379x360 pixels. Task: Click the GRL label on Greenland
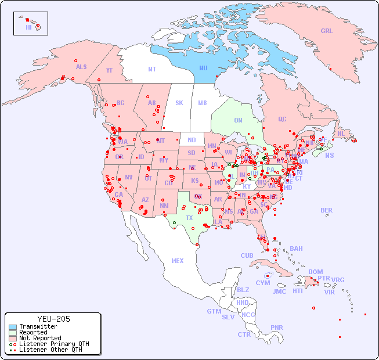[x=327, y=31]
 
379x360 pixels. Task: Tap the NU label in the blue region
[x=203, y=68]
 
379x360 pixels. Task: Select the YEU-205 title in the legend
[x=53, y=319]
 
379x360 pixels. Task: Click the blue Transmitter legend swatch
[x=13, y=327]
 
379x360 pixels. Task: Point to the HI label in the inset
[x=28, y=27]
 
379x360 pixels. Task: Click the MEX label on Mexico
[x=178, y=261]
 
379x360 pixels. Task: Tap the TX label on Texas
[x=189, y=218]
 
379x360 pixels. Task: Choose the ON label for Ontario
[x=238, y=121]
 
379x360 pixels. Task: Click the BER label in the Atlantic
[x=326, y=210]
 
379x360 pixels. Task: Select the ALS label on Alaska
[x=81, y=67]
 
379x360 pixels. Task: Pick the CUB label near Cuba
[x=247, y=255]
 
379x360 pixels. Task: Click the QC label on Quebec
[x=282, y=119]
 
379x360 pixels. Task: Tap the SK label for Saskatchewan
[x=179, y=103]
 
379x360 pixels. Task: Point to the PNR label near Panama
[x=277, y=327]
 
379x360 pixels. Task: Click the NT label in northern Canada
[x=151, y=69]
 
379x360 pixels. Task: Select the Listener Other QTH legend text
[x=50, y=350]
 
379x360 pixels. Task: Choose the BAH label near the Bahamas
[x=296, y=249]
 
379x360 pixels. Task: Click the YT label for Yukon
[x=109, y=70]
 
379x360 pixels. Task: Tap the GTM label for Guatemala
[x=214, y=311]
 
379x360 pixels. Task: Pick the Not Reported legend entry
[x=39, y=338]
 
